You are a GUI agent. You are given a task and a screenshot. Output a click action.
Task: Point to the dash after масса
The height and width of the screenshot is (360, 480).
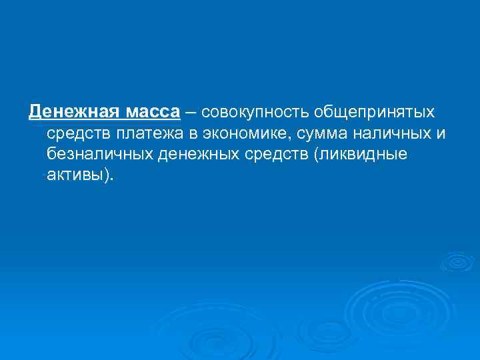point(191,111)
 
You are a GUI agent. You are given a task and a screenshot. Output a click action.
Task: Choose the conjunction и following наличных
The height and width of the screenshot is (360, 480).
point(441,133)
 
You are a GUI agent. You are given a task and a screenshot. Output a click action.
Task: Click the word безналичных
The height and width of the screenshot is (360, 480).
point(100,155)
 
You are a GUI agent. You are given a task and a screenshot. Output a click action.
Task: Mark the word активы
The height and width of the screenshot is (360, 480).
point(74,176)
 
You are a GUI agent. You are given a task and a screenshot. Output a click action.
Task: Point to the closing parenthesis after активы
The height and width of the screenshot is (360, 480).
point(107,176)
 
